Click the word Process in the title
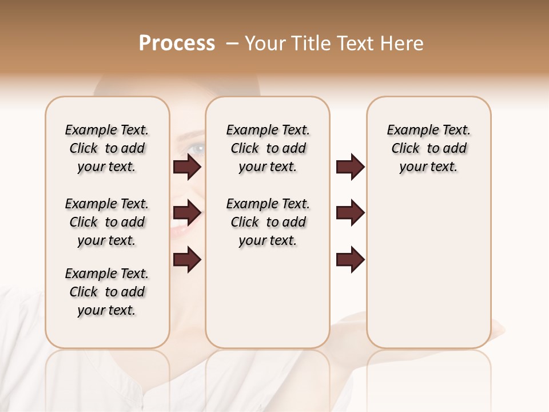tap(177, 43)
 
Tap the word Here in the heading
tap(403, 43)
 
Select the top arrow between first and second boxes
tap(187, 167)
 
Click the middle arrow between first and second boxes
tap(187, 213)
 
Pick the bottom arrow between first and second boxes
tap(187, 260)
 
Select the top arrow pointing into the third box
tap(350, 167)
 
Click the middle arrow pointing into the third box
tap(350, 213)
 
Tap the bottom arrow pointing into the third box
tap(350, 260)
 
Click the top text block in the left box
tap(107, 148)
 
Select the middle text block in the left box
tap(107, 222)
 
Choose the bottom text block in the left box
tap(107, 292)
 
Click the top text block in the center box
tap(268, 148)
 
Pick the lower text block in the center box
tap(268, 222)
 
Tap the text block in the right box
tap(429, 148)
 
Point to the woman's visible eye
tap(197, 148)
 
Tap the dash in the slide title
tap(232, 43)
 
